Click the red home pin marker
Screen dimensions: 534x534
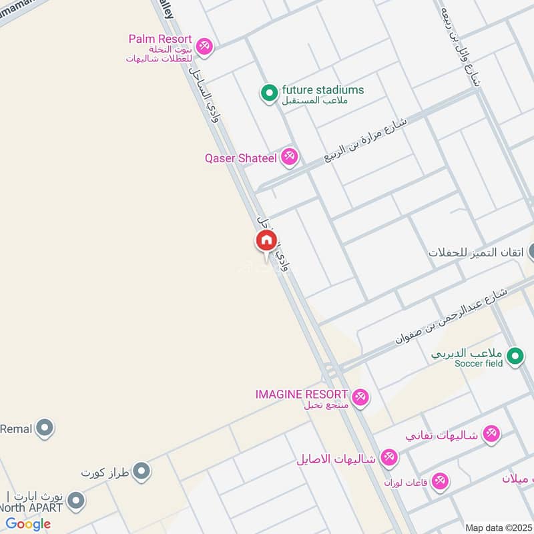266,241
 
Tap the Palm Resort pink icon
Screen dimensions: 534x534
205,46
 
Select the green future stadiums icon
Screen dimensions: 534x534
269,93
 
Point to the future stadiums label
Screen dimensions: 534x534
323,89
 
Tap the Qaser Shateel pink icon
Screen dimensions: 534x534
289,157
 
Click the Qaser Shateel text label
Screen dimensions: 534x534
241,158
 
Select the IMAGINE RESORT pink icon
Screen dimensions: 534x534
360,397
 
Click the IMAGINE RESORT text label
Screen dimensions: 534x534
302,394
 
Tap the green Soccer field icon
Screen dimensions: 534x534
515,357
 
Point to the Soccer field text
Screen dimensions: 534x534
479,363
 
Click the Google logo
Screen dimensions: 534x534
28,524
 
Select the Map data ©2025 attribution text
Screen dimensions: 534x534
499,527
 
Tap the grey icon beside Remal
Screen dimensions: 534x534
45,427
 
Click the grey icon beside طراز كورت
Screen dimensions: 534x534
141,473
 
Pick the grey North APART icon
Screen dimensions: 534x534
76,501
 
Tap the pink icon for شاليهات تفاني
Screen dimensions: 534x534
491,433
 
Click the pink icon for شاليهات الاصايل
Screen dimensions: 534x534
388,458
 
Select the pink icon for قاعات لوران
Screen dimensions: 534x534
439,481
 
